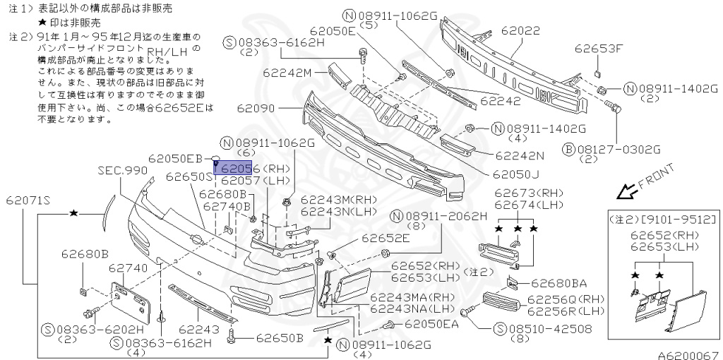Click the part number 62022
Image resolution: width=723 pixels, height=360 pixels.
[x=520, y=31]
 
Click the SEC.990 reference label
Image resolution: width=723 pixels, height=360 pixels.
[x=123, y=171]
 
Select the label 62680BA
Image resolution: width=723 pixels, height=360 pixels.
[x=558, y=284]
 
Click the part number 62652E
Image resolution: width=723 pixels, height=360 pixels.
[x=386, y=239]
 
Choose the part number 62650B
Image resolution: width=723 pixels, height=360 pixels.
[x=279, y=337]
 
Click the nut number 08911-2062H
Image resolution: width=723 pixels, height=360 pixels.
[x=445, y=216]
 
